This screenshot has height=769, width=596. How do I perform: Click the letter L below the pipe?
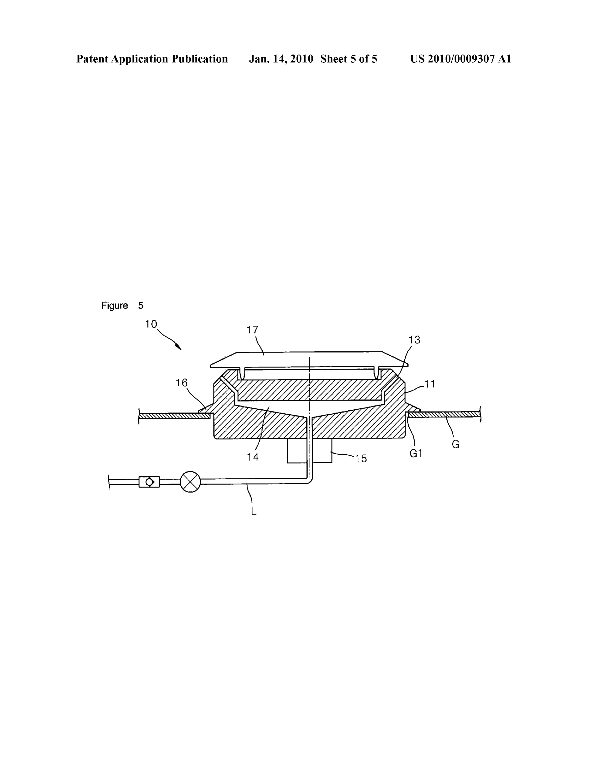tap(254, 511)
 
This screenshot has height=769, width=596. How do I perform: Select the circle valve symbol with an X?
tap(190, 482)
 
